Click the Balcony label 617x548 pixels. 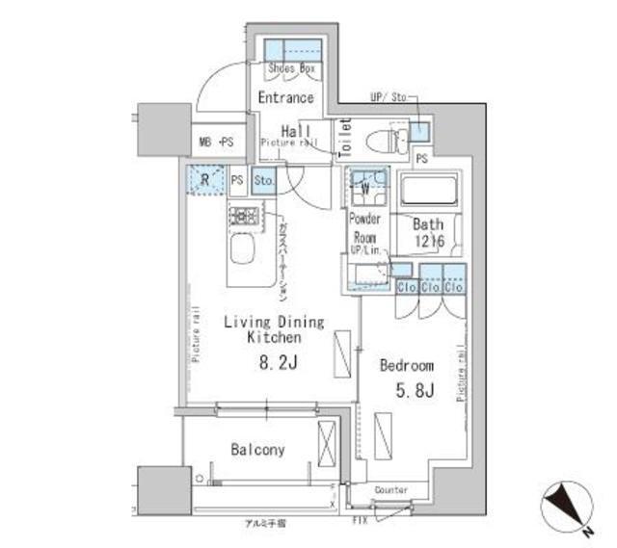click(257, 450)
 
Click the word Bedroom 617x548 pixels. click(405, 366)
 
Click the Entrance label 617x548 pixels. click(285, 97)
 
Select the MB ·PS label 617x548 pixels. click(217, 143)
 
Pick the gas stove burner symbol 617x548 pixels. click(245, 216)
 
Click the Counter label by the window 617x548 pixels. click(390, 490)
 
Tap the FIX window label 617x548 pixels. click(359, 520)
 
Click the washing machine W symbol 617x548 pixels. click(367, 183)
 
